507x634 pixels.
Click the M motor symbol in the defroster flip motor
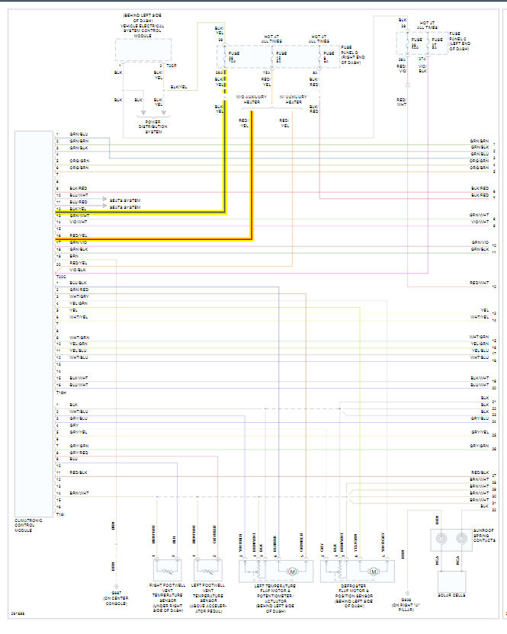tap(374, 571)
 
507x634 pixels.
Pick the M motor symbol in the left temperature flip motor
tap(290, 571)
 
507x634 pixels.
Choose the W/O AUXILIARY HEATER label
tap(250, 99)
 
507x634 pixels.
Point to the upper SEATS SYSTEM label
tap(125, 200)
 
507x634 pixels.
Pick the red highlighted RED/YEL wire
tap(250, 183)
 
